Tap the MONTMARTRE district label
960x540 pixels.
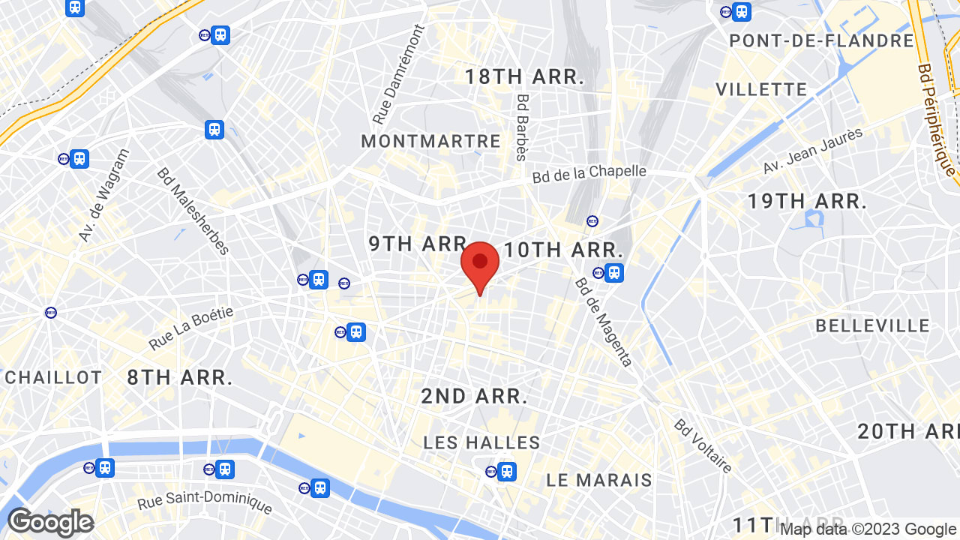pyautogui.click(x=430, y=141)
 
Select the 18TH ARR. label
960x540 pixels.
pyautogui.click(x=524, y=76)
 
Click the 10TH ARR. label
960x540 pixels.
pyautogui.click(x=563, y=250)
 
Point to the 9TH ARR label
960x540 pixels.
pyautogui.click(x=418, y=244)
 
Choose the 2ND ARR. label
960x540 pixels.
pyautogui.click(x=474, y=396)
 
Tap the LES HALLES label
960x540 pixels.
pyautogui.click(x=481, y=442)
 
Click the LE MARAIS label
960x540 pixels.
pyautogui.click(x=599, y=480)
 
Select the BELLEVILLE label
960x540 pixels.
pyautogui.click(x=872, y=325)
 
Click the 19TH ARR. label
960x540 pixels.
pyautogui.click(x=807, y=201)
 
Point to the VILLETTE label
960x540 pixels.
pyautogui.click(x=761, y=90)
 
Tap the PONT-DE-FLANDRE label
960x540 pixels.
pyautogui.click(x=821, y=40)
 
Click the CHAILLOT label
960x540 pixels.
pyautogui.click(x=53, y=377)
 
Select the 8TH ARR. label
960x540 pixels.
pyautogui.click(x=179, y=377)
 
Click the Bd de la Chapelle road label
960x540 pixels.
pyautogui.click(x=589, y=173)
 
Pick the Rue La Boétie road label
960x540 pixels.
pyautogui.click(x=191, y=328)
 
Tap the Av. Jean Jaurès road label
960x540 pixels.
pyautogui.click(x=813, y=151)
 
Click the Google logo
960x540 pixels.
pyautogui.click(x=50, y=522)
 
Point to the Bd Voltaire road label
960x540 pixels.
pyautogui.click(x=703, y=446)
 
